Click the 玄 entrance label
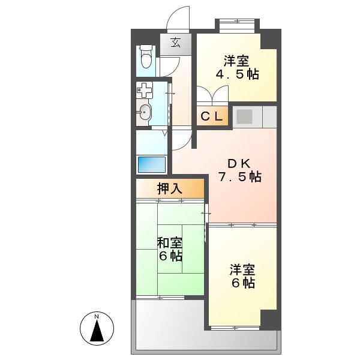pos(175,42)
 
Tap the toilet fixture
pos(145,58)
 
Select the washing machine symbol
pos(144,91)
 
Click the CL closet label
pos(211,117)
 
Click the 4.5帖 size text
pos(238,74)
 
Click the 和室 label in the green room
pos(170,242)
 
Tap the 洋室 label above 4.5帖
pos(238,60)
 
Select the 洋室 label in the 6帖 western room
pos(242,269)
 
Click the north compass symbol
pos(97,328)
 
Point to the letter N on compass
pos(97,316)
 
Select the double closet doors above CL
pos(213,96)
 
